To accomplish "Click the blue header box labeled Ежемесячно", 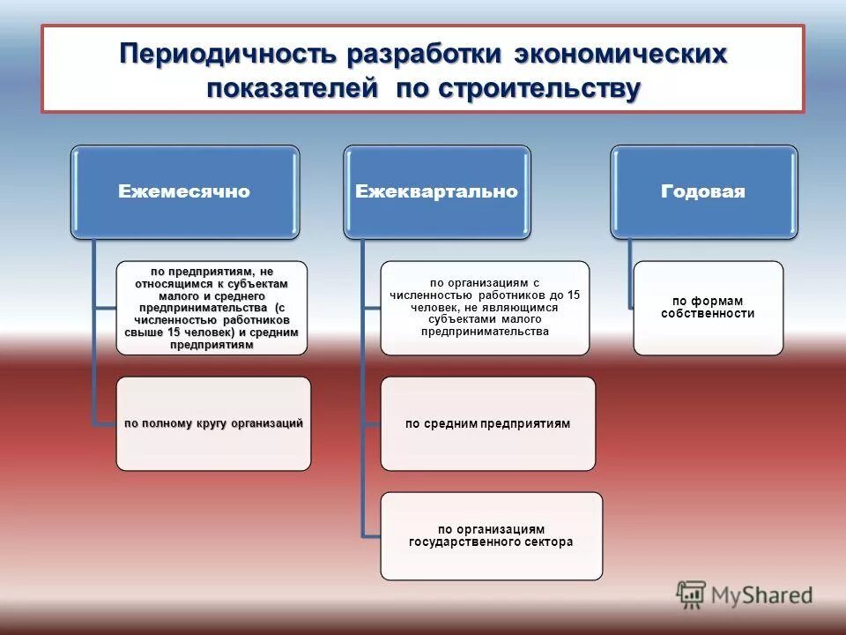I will [185, 192].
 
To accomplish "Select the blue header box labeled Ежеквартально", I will [437, 192].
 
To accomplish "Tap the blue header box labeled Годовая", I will [704, 192].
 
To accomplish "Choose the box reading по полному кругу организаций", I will [213, 423].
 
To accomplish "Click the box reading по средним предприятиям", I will [487, 423].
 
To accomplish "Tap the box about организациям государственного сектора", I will [491, 535].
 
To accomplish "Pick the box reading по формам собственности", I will [708, 307].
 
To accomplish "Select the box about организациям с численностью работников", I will [485, 307].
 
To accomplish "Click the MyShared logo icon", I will [691, 594].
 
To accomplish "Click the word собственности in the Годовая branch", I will [708, 314].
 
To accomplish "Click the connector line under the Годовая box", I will [631, 273].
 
